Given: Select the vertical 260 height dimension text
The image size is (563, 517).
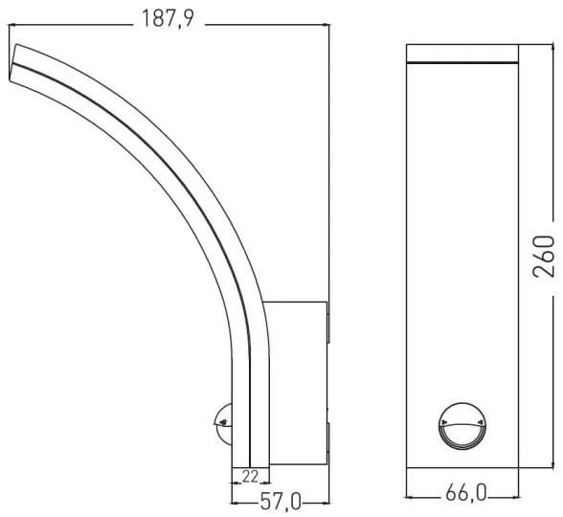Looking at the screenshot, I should [543, 255].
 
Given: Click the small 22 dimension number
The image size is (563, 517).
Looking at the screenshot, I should [249, 476].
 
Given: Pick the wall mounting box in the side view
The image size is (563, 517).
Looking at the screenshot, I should [295, 383].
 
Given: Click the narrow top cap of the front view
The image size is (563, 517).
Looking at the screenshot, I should [462, 54].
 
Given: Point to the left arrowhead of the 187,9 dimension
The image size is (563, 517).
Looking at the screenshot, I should [12, 22].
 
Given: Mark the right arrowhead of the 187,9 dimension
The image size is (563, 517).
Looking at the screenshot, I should [325, 22].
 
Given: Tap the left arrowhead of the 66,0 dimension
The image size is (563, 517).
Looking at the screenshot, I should [410, 496].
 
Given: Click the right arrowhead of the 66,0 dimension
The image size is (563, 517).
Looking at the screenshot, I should [515, 496].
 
